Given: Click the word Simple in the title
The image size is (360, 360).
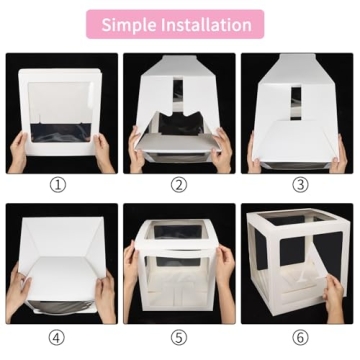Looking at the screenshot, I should (135, 24).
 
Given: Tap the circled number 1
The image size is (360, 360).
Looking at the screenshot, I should (57, 185).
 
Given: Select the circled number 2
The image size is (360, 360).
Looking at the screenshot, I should (179, 185).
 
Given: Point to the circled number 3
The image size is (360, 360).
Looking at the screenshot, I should (300, 185).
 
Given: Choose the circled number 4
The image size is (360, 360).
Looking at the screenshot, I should (57, 337).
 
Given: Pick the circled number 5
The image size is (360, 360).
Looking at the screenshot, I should (179, 337).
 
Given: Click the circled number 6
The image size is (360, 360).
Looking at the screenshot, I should (300, 337).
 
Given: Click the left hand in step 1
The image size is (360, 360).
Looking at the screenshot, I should (20, 151).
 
